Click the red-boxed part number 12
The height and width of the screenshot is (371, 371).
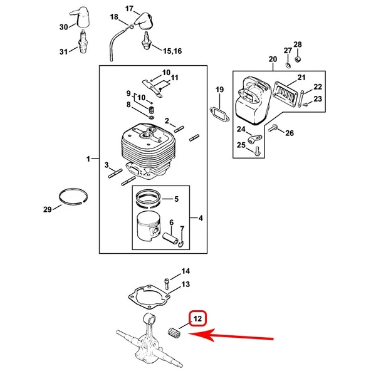coord(197,319)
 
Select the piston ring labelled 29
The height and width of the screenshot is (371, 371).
coord(73,196)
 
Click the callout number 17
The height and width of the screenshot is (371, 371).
coord(129,9)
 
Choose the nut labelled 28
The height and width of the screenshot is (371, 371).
coord(298,59)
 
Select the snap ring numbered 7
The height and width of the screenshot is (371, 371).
coord(182,243)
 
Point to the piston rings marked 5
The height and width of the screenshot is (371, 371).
coord(149,198)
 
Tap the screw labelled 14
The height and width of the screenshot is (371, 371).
coord(166,283)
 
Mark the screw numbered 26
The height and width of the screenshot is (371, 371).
coord(273,128)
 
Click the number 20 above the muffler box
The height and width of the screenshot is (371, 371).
coord(273,59)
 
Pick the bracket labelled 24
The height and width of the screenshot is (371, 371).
coord(254,138)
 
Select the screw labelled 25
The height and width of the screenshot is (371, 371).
coord(257,151)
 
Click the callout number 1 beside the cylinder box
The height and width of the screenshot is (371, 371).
coord(88,159)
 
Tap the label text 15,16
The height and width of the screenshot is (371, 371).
coord(172,51)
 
